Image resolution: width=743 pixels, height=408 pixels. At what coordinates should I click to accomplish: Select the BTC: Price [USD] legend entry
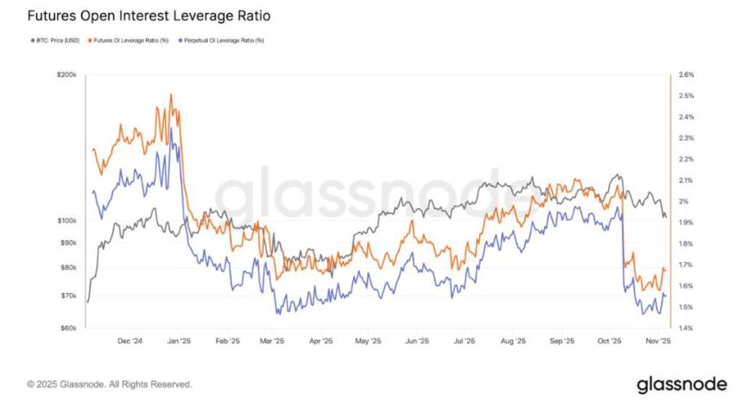click(x=53, y=41)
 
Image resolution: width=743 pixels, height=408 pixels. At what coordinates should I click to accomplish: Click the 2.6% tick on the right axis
click(x=686, y=75)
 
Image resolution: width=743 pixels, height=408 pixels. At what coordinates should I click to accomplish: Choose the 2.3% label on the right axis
click(x=686, y=138)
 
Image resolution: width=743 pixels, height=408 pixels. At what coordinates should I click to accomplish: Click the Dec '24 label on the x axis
click(x=129, y=341)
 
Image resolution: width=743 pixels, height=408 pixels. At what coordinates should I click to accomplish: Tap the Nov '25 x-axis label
click(x=660, y=341)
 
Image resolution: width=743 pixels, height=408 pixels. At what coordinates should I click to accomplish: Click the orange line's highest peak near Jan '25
click(x=172, y=94)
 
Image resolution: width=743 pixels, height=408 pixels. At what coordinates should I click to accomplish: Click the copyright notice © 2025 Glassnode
click(x=110, y=384)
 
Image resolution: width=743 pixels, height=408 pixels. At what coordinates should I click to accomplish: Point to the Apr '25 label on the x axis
click(x=321, y=341)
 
